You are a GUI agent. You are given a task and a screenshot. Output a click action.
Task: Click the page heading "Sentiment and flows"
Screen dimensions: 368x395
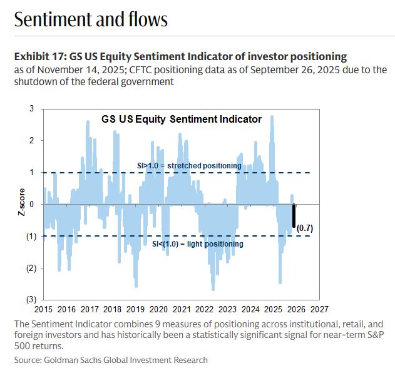tap(91, 19)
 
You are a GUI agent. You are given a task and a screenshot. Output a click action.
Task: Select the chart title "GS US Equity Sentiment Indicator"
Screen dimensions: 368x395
tap(182, 119)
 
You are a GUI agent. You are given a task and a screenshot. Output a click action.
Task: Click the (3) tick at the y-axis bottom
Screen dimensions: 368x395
tap(30, 300)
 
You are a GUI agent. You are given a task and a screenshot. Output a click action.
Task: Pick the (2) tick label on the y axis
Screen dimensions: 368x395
tap(30, 268)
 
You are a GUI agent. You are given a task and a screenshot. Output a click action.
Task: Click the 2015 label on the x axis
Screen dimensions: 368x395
tap(44, 309)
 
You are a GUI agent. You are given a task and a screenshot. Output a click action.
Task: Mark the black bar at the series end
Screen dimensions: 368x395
tap(294, 216)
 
